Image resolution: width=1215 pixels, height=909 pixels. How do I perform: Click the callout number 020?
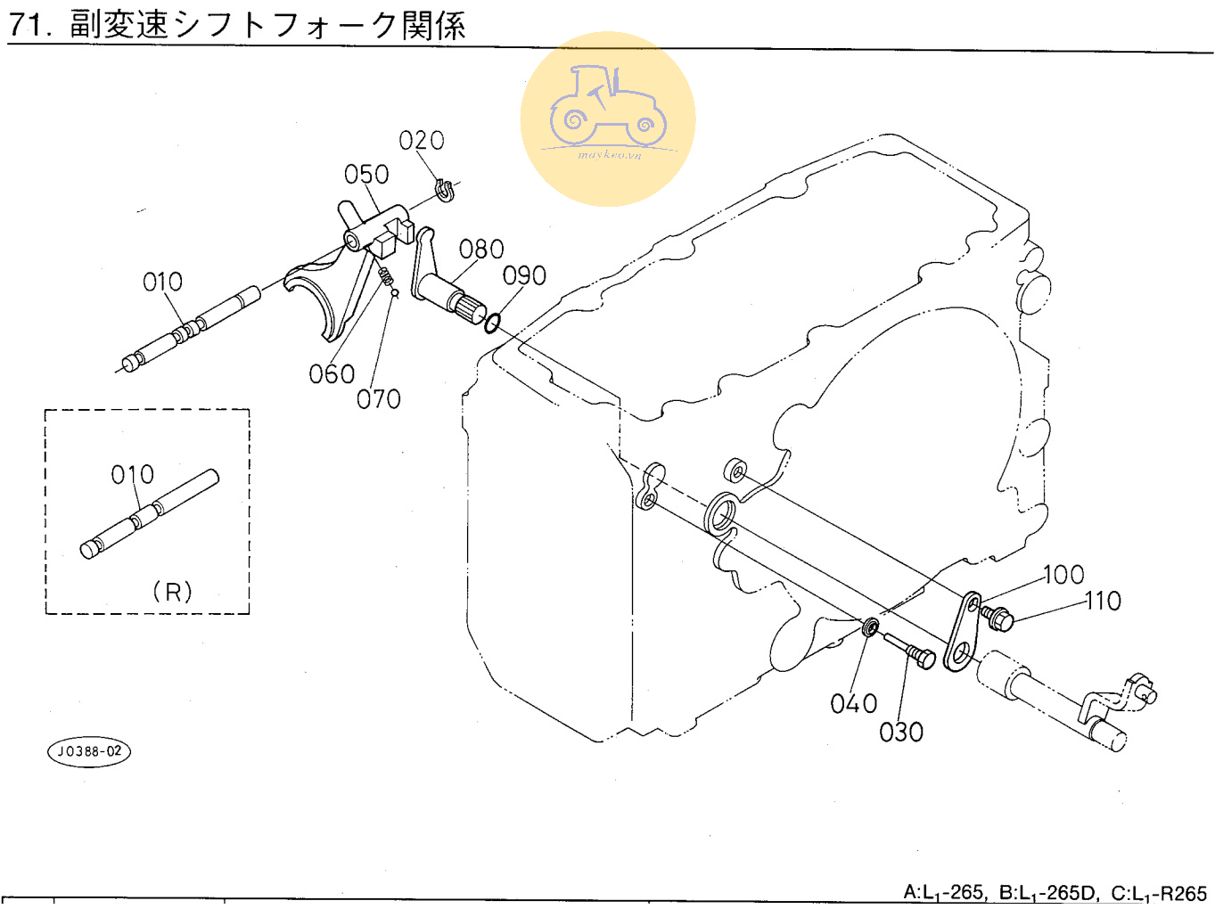421,141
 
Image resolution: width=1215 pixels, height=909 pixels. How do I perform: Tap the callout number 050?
366,175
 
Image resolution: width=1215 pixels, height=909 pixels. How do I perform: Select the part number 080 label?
481,250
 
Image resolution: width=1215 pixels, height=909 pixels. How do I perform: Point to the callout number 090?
524,276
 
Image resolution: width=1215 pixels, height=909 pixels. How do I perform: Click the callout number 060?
332,374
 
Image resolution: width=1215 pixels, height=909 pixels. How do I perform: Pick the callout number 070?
379,399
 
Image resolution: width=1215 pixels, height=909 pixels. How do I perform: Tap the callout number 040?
853,704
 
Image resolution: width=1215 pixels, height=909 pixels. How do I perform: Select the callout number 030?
901,733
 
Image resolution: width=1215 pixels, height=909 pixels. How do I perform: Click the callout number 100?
1063,575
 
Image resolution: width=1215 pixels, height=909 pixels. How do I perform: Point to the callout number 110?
1103,602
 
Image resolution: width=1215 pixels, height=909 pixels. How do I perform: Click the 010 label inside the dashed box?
132,475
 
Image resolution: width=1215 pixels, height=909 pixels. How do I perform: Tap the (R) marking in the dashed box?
172,592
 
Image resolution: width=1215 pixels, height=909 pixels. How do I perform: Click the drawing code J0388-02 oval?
89,751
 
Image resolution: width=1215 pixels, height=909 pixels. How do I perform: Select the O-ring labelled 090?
491,321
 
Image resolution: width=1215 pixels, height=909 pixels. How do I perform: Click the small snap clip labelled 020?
445,190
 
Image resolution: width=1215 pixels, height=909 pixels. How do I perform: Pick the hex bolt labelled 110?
997,616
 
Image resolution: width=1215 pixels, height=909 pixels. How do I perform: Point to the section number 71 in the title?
27,24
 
